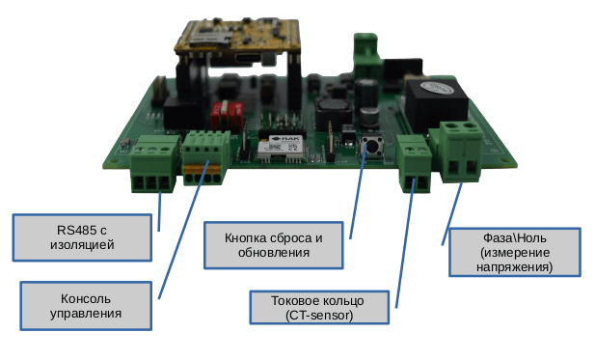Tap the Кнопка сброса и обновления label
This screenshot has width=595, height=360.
tap(272, 245)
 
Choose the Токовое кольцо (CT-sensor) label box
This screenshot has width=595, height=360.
tap(319, 308)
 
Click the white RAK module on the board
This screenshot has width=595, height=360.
tap(280, 144)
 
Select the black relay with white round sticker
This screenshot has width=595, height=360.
tap(436, 100)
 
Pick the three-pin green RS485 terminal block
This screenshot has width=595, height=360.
tap(153, 165)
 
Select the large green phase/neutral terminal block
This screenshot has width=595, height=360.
tap(461, 152)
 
